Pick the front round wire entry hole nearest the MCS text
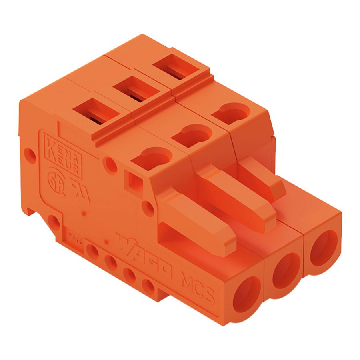coord(246,294)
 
